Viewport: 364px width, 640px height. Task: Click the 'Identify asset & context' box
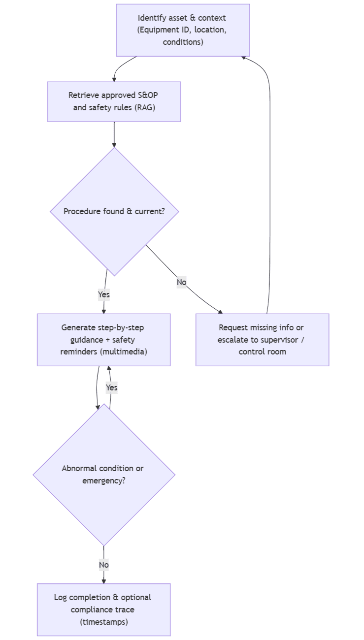183,30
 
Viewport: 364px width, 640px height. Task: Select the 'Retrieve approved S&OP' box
114,101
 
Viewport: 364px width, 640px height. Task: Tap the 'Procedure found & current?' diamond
114,211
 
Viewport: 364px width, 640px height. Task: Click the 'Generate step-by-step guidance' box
103,340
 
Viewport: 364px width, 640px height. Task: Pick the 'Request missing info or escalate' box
262,340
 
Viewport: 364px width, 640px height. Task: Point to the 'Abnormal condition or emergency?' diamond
103,475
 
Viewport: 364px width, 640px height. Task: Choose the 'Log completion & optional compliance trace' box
103,609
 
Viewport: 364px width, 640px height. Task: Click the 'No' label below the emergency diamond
103,565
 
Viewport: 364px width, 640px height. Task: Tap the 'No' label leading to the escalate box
181,282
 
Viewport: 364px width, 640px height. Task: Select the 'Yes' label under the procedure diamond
103,294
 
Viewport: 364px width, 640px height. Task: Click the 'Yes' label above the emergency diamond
112,387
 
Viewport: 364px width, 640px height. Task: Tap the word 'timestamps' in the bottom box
104,622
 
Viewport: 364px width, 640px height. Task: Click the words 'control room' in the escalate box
262,352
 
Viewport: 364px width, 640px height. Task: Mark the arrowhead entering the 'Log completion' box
103,581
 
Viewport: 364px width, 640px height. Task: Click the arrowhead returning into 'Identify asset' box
244,58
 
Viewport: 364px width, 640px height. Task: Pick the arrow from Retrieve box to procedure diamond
114,134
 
